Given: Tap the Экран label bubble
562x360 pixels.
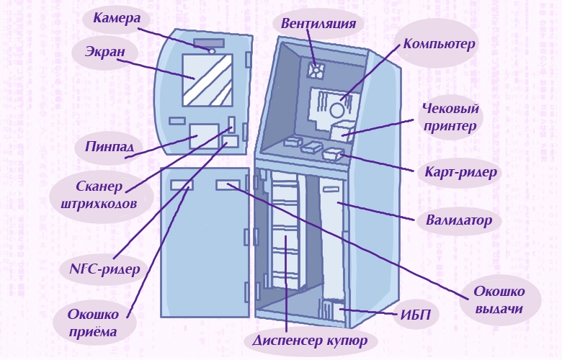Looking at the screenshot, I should [99, 52].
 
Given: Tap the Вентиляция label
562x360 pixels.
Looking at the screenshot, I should [318, 23].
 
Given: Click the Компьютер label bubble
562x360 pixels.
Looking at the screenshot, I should [439, 44].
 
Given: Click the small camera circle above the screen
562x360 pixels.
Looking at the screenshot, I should [212, 51].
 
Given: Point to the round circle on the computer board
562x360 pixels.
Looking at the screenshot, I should [337, 110].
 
